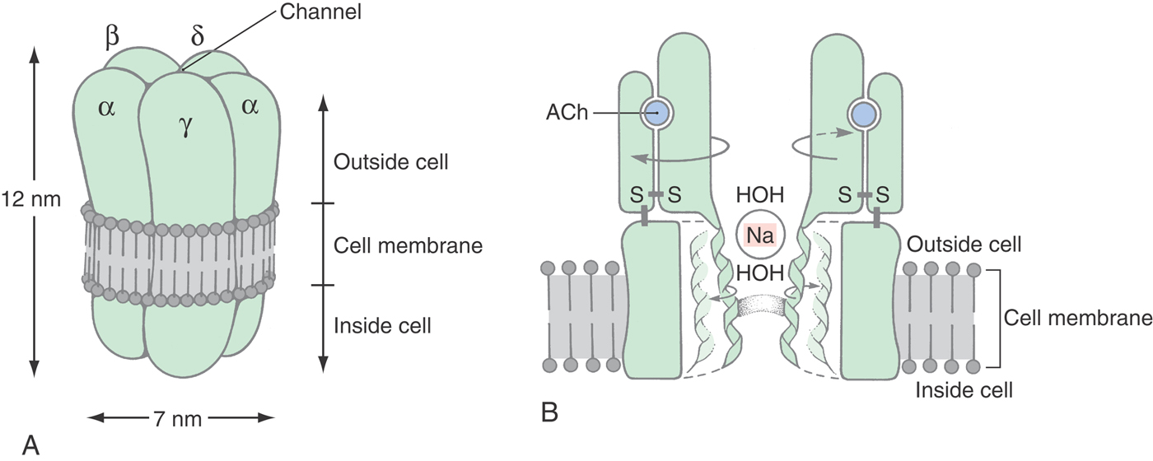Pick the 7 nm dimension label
point(180,418)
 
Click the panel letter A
point(31,445)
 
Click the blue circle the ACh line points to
point(656,114)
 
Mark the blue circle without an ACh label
point(864,114)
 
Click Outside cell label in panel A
point(390,161)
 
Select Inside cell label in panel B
point(964,389)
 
